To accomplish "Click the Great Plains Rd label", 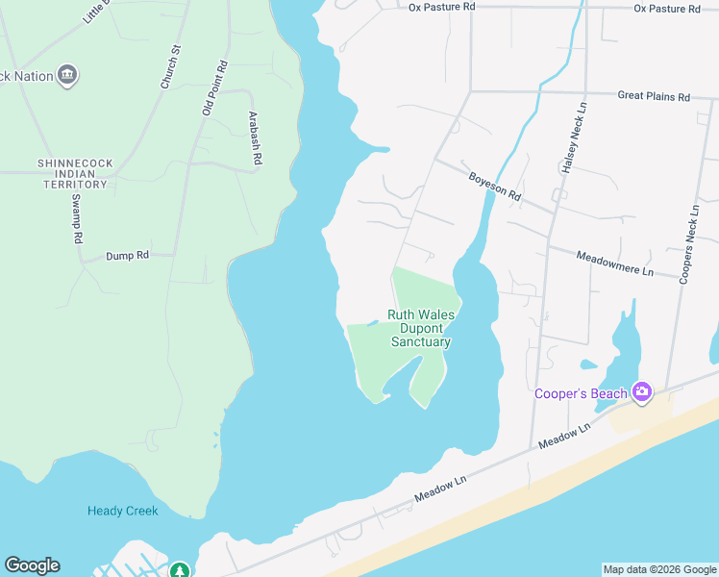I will click(x=654, y=96).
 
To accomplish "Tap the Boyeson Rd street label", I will click(x=494, y=186).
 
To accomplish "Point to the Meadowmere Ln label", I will click(x=614, y=263).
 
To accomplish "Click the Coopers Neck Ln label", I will click(x=689, y=243).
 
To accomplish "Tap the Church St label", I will click(x=171, y=67).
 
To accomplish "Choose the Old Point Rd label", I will click(x=215, y=88).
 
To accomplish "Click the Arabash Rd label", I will click(x=255, y=139).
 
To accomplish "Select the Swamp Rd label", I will click(x=77, y=219).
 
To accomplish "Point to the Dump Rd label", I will click(x=128, y=256).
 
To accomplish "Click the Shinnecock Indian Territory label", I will click(x=72, y=174).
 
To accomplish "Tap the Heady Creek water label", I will click(x=122, y=511).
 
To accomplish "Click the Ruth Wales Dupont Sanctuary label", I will click(x=421, y=328).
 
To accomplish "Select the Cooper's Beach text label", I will click(x=582, y=393).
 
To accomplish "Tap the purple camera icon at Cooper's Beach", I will click(x=642, y=392).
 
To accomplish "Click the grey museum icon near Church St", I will click(x=67, y=75).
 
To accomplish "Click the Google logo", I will click(x=32, y=565).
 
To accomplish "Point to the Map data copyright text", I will click(x=659, y=569).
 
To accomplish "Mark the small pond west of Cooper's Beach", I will click(x=588, y=364).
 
